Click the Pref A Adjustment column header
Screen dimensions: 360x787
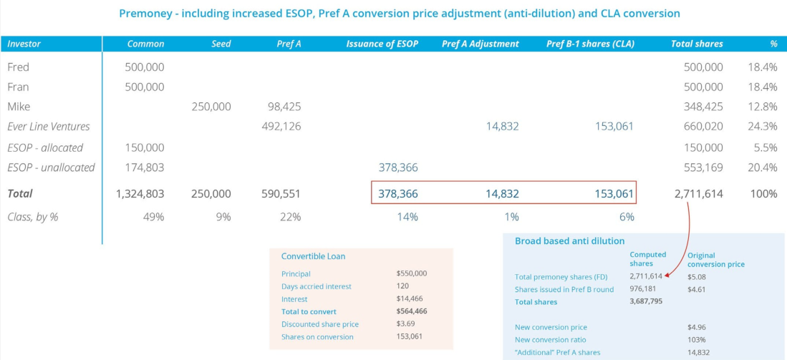point(480,44)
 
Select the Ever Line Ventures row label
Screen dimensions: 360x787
point(49,127)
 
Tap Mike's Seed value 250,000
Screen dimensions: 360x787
point(211,107)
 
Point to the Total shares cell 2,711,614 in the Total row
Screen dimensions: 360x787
point(698,194)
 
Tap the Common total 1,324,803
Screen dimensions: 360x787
point(140,194)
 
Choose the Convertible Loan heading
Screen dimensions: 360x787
point(313,256)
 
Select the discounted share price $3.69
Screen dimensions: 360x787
point(405,324)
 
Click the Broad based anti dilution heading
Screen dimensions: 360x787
point(569,241)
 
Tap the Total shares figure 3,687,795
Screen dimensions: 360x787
point(645,302)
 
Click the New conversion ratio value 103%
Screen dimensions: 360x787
point(696,340)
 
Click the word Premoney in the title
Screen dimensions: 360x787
point(145,14)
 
